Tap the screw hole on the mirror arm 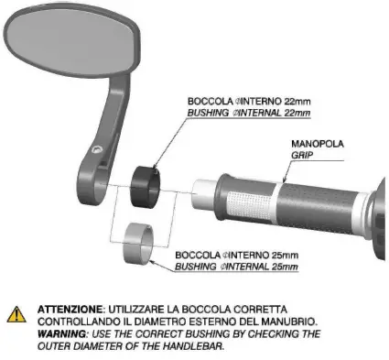[98, 147]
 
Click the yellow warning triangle [16, 315]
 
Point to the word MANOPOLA [311, 144]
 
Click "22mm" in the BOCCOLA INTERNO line [291, 102]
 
